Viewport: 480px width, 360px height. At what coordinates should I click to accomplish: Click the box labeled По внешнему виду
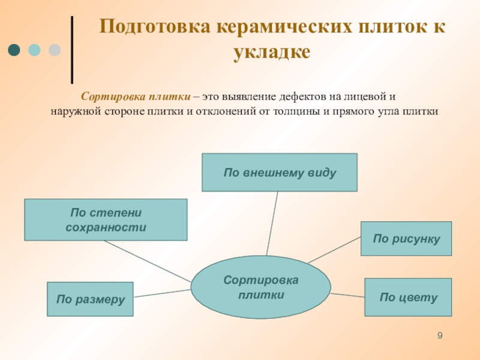279,172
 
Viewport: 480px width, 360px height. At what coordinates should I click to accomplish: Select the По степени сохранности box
105,220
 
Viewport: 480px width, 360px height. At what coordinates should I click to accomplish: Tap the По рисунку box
406,238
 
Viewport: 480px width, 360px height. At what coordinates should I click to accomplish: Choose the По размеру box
90,299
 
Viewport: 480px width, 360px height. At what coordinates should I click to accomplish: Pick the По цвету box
408,297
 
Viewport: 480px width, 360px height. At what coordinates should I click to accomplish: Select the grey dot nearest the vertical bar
55,50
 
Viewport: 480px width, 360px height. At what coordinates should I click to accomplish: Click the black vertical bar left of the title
73,49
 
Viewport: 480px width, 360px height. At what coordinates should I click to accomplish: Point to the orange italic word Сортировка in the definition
106,97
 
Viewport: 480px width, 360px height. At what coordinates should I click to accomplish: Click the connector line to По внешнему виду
272,222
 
